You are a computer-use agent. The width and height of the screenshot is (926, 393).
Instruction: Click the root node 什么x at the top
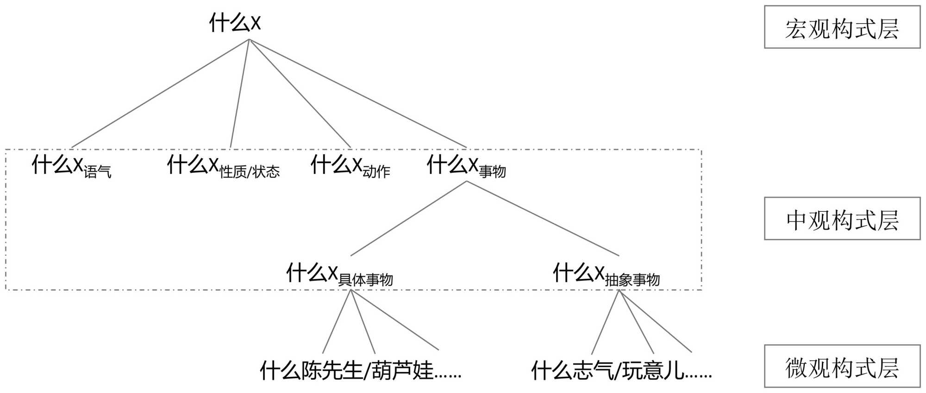click(235, 23)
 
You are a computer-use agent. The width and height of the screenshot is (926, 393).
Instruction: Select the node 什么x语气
click(71, 166)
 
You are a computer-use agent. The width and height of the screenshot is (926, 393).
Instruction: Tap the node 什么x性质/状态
click(223, 166)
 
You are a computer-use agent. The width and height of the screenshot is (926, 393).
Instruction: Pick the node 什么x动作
click(350, 166)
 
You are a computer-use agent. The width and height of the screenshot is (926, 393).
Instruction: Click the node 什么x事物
click(466, 166)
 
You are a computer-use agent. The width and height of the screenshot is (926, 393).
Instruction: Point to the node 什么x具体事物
click(339, 274)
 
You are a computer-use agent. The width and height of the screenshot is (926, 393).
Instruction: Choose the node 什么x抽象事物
click(606, 274)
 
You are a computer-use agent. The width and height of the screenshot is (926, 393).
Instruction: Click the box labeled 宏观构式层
click(842, 27)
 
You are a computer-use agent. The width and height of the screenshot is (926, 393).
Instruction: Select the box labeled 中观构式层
click(842, 219)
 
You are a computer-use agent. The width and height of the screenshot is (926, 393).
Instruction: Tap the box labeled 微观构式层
click(842, 366)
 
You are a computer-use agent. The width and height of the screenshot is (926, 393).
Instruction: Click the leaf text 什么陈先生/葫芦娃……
click(360, 371)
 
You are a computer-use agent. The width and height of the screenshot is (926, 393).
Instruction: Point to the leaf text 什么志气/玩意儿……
click(621, 371)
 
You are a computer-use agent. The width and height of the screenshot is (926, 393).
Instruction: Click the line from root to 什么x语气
click(160, 94)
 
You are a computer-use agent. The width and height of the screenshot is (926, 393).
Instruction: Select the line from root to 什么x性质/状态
click(240, 94)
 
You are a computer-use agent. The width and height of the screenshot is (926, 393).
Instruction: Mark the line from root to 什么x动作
click(300, 94)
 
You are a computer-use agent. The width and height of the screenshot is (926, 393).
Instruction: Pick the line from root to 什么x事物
click(357, 94)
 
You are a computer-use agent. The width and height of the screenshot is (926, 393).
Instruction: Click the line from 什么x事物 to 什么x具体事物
click(408, 218)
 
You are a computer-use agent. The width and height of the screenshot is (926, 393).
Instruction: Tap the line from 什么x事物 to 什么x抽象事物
click(543, 218)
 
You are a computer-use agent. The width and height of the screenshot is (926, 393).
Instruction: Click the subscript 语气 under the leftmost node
click(97, 172)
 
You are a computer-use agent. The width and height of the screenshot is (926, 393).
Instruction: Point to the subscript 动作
click(376, 172)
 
